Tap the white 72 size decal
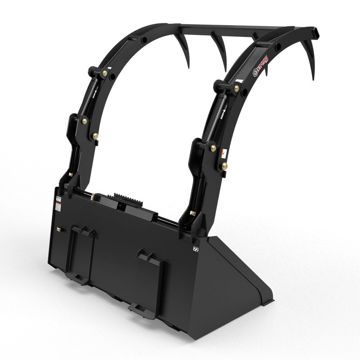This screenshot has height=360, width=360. tap(196, 248)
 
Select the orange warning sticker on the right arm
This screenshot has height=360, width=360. tap(223, 154)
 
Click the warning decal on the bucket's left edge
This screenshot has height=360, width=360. tap(58, 206)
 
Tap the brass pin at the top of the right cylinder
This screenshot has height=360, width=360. tap(236, 89)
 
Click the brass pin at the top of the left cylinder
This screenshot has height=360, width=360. tap(105, 73)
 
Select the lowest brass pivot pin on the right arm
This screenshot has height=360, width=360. tap(224, 166)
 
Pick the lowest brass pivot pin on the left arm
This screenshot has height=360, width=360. tap(95, 135)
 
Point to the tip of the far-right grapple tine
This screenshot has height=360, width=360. tap(313, 79)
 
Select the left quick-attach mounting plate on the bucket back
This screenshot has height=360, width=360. tap(81, 254)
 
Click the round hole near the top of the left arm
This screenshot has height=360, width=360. tap(144, 40)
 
